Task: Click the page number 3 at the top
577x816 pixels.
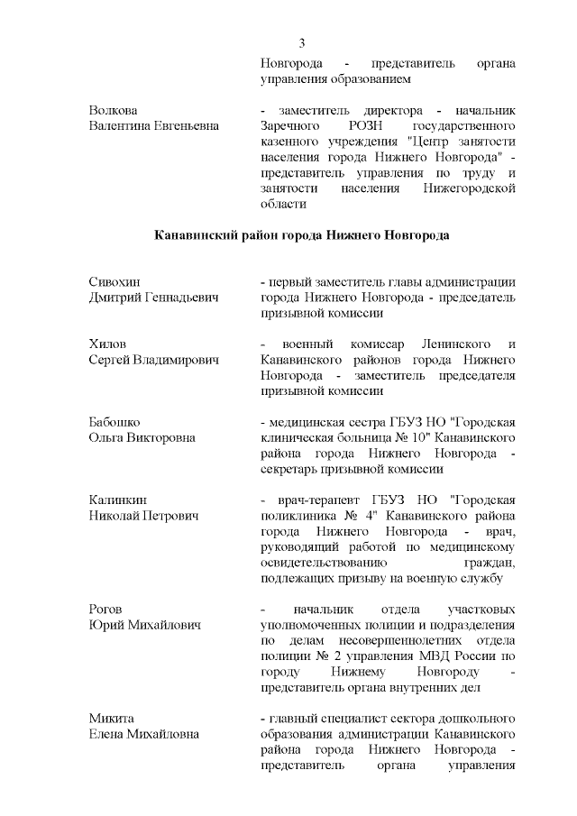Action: [302, 42]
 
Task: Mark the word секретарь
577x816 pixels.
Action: [291, 469]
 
